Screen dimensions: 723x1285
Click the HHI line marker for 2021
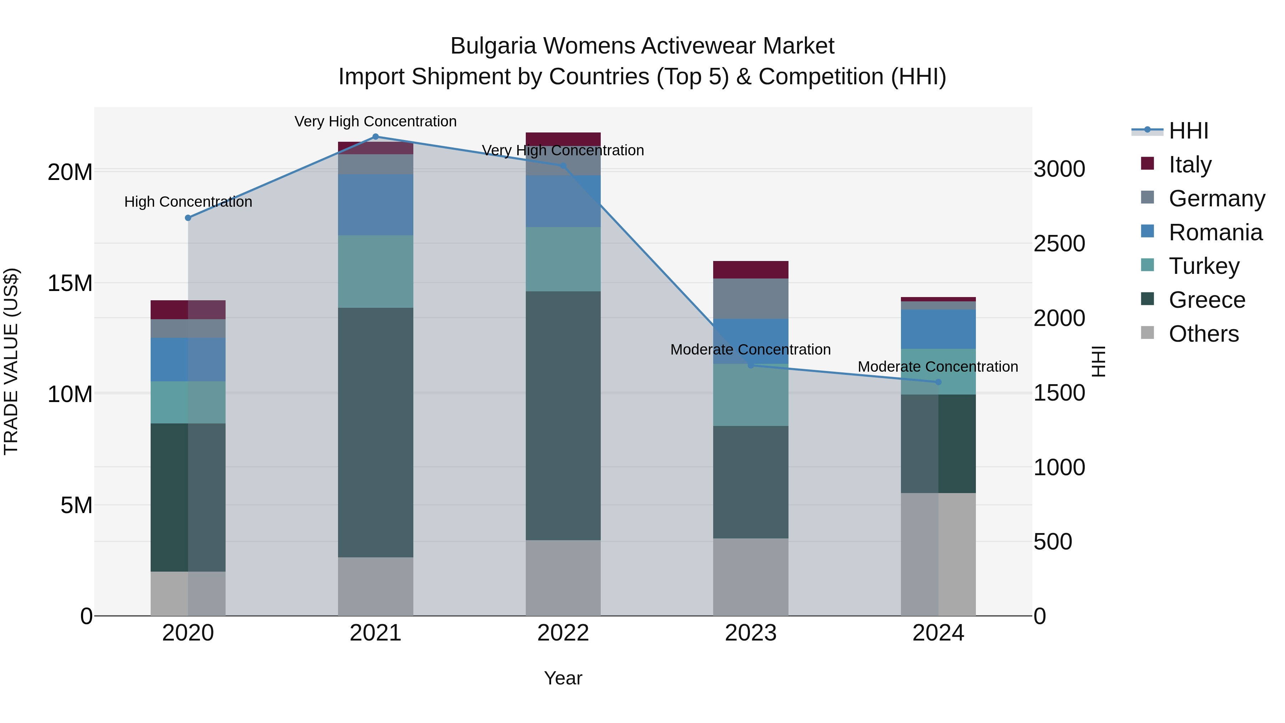(376, 137)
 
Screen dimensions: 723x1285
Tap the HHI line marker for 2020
(188, 218)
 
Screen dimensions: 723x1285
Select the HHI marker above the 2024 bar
(938, 382)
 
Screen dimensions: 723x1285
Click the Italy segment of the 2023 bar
(750, 270)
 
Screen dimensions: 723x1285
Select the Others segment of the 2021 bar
(376, 586)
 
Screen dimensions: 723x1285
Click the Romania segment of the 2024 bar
(938, 329)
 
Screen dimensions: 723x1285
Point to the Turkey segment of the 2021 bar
(376, 271)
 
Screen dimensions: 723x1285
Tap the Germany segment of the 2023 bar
(750, 299)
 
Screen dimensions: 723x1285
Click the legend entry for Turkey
(1204, 266)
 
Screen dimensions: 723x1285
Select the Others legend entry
(1203, 334)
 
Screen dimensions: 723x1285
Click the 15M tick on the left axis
(70, 283)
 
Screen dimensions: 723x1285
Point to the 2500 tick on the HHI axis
(1059, 244)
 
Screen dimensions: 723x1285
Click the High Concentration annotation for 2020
(188, 202)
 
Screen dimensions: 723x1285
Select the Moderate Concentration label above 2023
(750, 350)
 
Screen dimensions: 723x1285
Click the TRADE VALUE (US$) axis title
(11, 361)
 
